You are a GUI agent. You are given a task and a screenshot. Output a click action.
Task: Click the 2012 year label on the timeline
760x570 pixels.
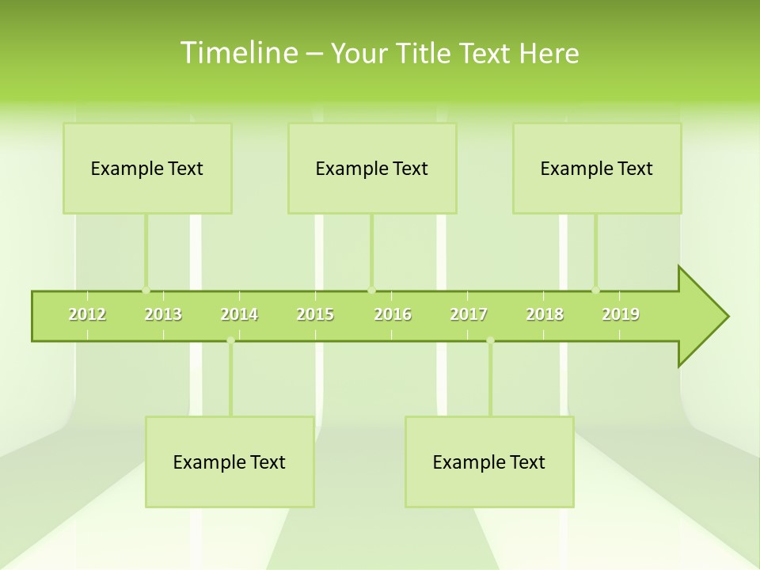tap(87, 314)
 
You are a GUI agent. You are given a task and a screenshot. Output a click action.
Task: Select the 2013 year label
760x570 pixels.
tap(163, 314)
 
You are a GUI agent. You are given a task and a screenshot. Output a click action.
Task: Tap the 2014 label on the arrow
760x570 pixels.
tap(239, 314)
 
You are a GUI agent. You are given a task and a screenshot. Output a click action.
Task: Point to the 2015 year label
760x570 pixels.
tap(315, 314)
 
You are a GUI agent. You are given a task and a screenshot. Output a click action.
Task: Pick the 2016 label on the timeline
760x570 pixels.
tap(393, 314)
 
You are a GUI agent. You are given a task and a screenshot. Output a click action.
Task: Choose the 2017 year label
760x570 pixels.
tap(469, 314)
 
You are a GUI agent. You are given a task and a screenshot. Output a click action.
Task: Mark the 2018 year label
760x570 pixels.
tap(545, 314)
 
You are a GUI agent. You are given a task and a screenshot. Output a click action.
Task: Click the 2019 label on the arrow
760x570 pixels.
tap(621, 314)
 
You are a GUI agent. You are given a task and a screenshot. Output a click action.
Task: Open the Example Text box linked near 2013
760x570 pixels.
tap(147, 168)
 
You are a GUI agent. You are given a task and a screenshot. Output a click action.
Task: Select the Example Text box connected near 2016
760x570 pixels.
tap(372, 168)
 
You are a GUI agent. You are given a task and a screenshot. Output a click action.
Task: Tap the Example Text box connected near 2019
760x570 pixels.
tap(597, 168)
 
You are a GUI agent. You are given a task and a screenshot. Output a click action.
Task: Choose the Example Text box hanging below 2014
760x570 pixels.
tap(230, 462)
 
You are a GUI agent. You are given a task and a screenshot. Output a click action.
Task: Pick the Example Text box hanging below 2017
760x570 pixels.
tap(489, 462)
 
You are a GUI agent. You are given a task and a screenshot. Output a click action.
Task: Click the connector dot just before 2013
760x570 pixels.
tap(146, 291)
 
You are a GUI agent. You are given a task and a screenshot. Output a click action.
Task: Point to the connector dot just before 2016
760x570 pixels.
tap(371, 291)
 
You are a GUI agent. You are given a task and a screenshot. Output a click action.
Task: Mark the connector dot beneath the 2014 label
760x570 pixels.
tap(230, 340)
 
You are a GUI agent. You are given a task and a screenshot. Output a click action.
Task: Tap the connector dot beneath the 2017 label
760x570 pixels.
tap(490, 340)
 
